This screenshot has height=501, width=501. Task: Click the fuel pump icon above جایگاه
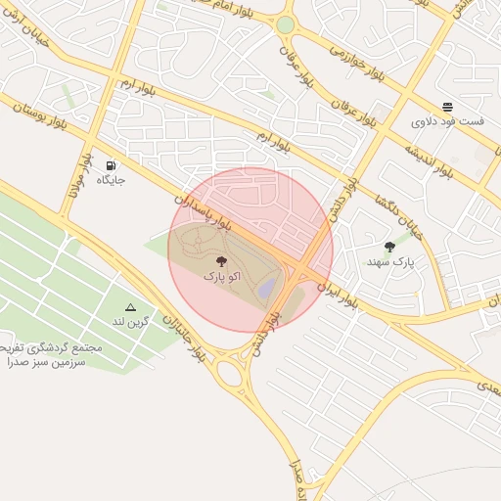[110, 165]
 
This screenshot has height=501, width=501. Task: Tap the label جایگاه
[110, 182]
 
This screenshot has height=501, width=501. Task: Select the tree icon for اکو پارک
[220, 261]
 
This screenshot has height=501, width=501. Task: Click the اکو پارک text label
[220, 278]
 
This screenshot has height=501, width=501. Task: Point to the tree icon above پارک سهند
[390, 247]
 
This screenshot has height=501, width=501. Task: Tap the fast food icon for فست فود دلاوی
[447, 107]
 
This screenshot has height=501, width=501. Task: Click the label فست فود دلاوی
[447, 122]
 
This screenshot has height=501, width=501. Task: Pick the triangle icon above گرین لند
[130, 306]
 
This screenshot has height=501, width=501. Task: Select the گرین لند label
[130, 321]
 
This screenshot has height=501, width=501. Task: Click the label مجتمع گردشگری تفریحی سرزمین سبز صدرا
[43, 354]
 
